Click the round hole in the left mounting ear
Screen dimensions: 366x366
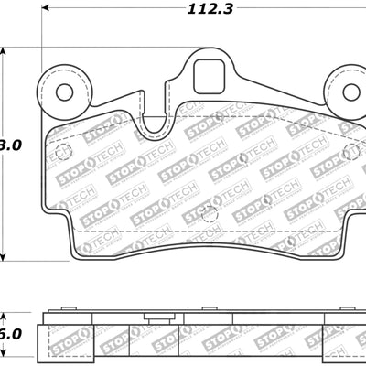tap(64, 92)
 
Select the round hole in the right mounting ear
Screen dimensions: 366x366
tap(350, 92)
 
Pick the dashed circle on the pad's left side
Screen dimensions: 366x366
tap(63, 153)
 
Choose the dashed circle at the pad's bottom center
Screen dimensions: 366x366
tap(209, 215)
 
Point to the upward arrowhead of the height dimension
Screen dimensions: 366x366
tap(5, 53)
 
